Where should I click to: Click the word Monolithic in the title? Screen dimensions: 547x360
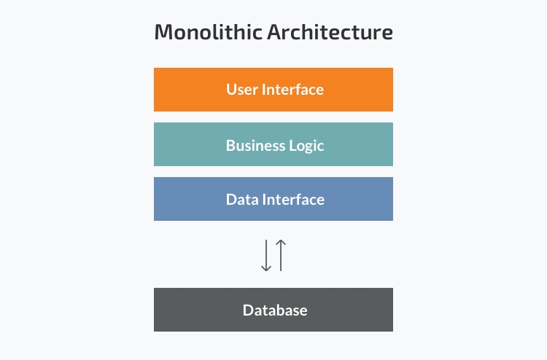pyautogui.click(x=209, y=32)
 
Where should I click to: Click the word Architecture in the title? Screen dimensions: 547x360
pyautogui.click(x=330, y=32)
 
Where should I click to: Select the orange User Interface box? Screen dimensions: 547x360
pyautogui.click(x=273, y=90)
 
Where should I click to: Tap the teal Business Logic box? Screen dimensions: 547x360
pyautogui.click(x=273, y=144)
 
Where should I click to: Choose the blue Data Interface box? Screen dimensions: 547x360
pyautogui.click(x=273, y=199)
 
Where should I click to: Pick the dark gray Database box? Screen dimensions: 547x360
pyautogui.click(x=273, y=310)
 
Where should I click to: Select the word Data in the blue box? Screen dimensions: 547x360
pyautogui.click(x=242, y=200)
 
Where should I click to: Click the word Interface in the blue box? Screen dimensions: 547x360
pyautogui.click(x=293, y=200)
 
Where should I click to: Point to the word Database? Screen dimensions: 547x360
pyautogui.click(x=275, y=310)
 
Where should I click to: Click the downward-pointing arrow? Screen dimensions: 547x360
pyautogui.click(x=266, y=255)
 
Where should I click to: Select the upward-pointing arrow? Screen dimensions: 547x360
pyautogui.click(x=281, y=255)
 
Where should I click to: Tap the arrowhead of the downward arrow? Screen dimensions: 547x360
pyautogui.click(x=266, y=269)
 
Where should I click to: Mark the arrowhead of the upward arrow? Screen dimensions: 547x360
pyautogui.click(x=281, y=242)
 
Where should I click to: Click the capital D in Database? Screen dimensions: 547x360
pyautogui.click(x=249, y=310)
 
